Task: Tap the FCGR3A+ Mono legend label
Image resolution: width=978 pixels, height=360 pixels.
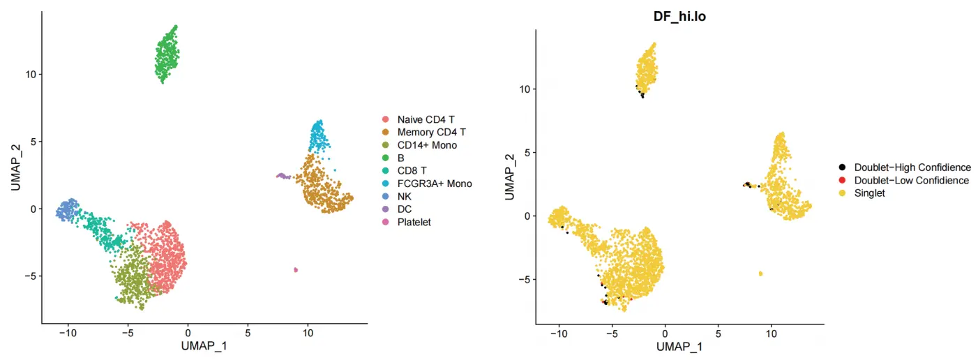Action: [x=435, y=183]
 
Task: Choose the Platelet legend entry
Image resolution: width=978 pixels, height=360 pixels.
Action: [x=414, y=223]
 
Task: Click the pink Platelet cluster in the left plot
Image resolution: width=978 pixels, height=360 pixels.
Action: [x=296, y=269]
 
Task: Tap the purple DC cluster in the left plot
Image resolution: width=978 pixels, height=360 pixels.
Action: [x=282, y=176]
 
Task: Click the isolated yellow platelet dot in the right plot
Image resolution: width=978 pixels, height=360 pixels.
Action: [x=760, y=273]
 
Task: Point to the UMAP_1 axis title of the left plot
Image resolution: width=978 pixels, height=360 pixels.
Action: [x=204, y=345]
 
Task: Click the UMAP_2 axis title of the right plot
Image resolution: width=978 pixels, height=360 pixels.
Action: [x=509, y=177]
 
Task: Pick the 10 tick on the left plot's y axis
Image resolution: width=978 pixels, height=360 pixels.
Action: [x=31, y=74]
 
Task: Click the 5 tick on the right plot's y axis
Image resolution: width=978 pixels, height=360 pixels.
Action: [x=527, y=152]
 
